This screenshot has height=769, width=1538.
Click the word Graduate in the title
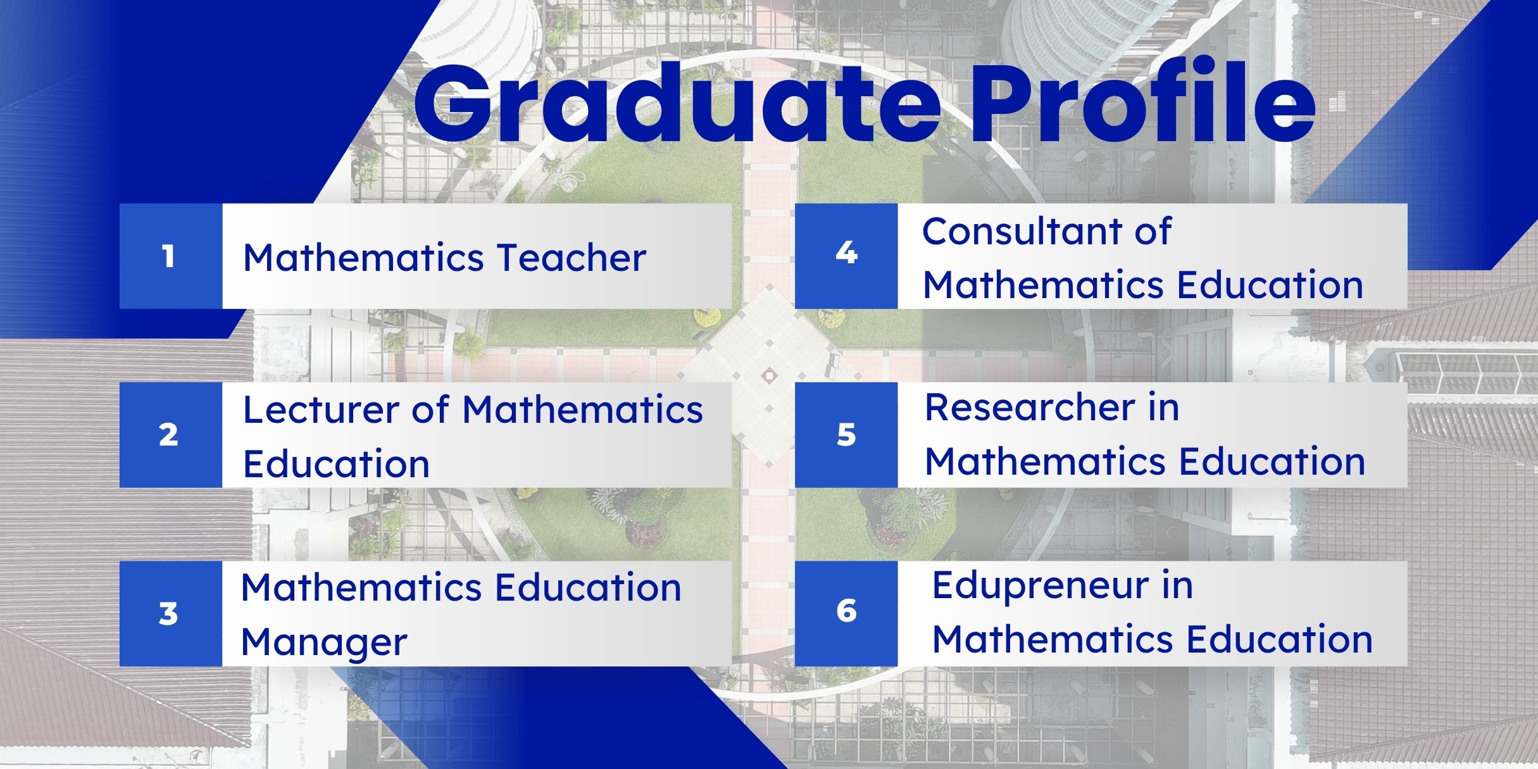(677, 104)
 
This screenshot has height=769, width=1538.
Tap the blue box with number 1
(171, 256)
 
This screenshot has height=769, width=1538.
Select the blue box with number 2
(171, 435)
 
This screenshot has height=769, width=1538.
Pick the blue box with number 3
(171, 613)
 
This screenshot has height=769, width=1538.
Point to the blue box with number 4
(846, 256)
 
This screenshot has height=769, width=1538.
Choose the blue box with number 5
(846, 435)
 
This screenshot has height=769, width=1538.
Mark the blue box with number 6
(846, 613)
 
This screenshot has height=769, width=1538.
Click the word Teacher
(571, 258)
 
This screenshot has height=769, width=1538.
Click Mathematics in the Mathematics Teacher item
(364, 258)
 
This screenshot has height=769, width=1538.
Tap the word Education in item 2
(336, 464)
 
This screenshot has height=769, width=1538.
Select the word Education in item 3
(588, 587)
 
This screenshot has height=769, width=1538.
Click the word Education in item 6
(1279, 639)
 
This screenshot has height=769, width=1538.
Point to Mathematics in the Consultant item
(1044, 285)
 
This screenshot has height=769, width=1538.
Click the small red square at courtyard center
(769, 375)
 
